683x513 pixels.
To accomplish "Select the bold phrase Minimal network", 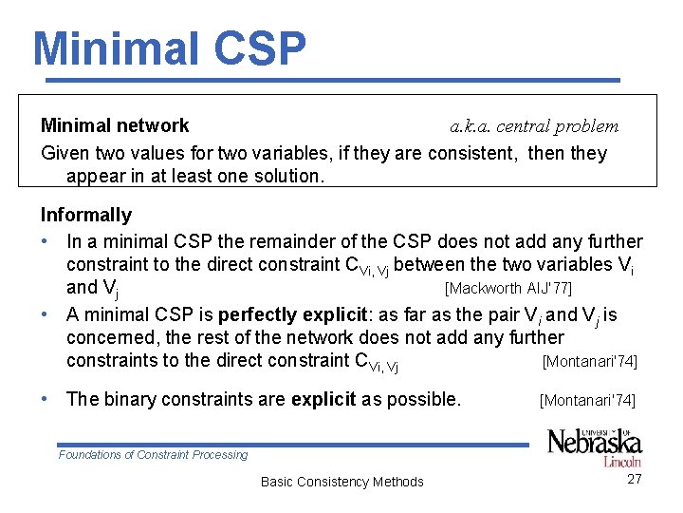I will tap(115, 125).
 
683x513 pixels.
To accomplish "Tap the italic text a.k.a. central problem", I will tap(534, 126).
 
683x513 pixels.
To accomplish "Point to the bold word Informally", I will tap(86, 215).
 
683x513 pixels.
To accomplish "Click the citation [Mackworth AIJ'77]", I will tap(508, 288).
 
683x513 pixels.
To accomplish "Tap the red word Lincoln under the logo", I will tap(621, 461).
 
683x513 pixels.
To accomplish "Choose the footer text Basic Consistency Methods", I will tap(342, 482).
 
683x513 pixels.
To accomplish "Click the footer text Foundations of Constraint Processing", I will tap(153, 455).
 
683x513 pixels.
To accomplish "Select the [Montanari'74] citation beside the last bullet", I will tap(587, 401).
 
